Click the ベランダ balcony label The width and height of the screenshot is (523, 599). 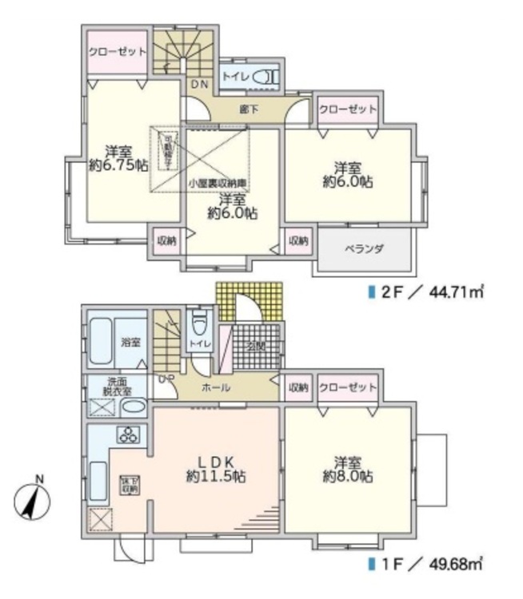coord(364,249)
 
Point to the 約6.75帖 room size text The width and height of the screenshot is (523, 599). coord(117,165)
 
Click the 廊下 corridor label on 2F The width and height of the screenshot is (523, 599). coord(248,109)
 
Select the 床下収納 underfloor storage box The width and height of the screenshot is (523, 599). coord(128,485)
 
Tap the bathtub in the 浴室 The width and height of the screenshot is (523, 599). coord(99,343)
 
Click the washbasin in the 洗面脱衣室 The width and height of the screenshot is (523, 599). coord(132,408)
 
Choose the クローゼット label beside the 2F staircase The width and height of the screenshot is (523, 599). coord(117,51)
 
